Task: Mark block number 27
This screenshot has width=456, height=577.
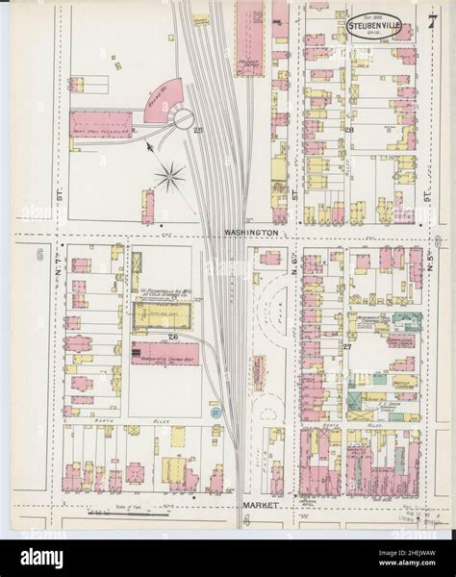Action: pos(345,345)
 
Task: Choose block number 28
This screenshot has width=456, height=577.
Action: pos(350,129)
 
